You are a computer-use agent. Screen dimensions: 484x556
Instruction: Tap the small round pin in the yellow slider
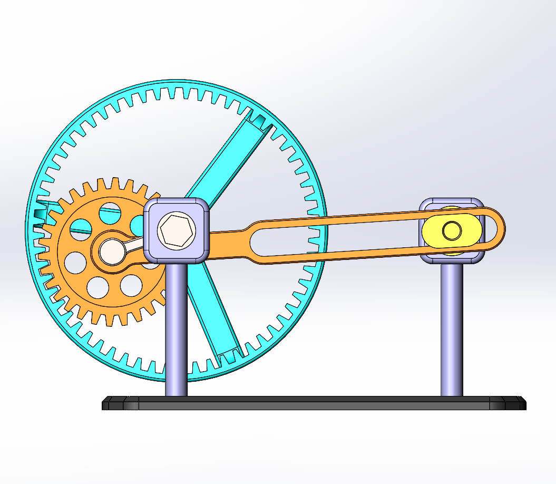[452, 230]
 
